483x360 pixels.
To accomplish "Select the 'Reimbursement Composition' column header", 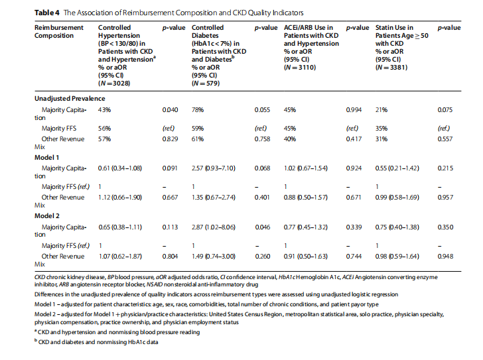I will point(58,31).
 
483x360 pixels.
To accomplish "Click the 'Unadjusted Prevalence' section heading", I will point(70,97).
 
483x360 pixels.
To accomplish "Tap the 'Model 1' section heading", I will point(47,157).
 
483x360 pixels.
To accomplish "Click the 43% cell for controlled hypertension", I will point(104,109).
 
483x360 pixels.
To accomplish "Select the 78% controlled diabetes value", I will point(197,109).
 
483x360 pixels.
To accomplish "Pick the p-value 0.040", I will point(171,109).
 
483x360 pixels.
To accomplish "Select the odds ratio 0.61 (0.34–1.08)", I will point(120,168).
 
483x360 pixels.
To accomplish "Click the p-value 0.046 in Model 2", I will point(263,227).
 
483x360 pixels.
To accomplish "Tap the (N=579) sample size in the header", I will point(206,83).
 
